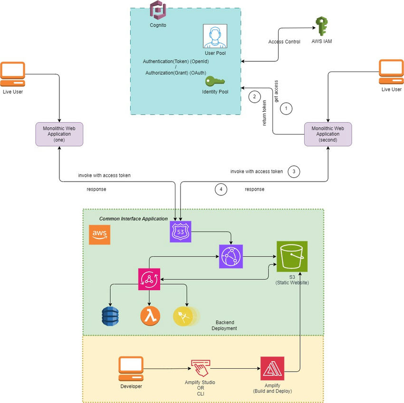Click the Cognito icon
157,10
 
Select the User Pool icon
215,36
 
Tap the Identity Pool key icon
215,81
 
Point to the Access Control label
284,42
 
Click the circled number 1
286,108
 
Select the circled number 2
254,97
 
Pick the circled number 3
294,172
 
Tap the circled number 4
220,189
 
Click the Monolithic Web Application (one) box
59,134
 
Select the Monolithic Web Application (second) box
328,134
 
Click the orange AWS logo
100,234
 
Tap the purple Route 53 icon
180,232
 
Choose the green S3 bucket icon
292,256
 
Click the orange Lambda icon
150,316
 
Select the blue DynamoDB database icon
110,316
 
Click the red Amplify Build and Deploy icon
272,368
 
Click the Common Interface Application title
133,219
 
